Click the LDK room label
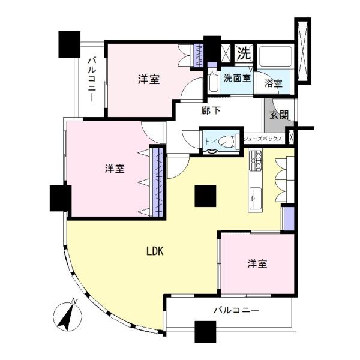pos(155,251)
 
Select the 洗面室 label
pos(237,78)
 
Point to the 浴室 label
pos(274,83)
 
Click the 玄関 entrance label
pos(279,115)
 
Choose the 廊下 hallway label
pos(211,111)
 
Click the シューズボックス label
pos(262,139)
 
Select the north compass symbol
pos(67,316)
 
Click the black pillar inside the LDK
pos(205,196)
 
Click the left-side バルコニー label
pos(92,80)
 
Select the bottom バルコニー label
pos(236,310)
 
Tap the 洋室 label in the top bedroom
pos(149,79)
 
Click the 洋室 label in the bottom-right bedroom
pos(257,264)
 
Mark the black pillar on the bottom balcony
pos(205,332)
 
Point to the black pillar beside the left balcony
pos(70,44)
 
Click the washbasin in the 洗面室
pos(214,83)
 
